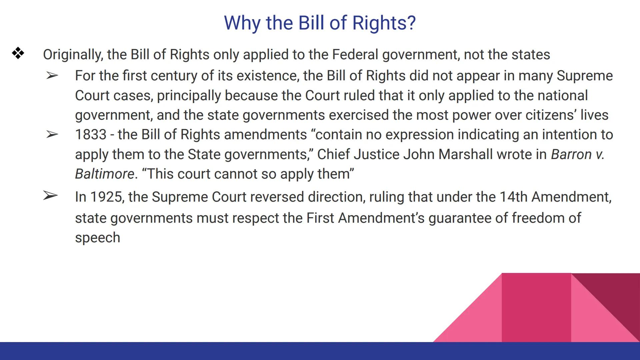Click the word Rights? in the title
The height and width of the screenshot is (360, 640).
[x=384, y=23]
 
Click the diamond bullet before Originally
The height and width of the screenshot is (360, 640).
[x=18, y=53]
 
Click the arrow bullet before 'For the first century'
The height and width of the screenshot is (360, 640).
[x=52, y=76]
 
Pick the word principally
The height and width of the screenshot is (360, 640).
[x=189, y=96]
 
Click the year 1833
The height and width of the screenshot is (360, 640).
[x=90, y=135]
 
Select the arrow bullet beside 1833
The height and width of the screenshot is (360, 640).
[x=52, y=135]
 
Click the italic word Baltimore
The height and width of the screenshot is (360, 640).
[x=104, y=174]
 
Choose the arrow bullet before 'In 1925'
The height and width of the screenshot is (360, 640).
[x=50, y=196]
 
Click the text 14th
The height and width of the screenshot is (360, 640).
[x=513, y=197]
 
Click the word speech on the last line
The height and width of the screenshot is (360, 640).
[x=97, y=238]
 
